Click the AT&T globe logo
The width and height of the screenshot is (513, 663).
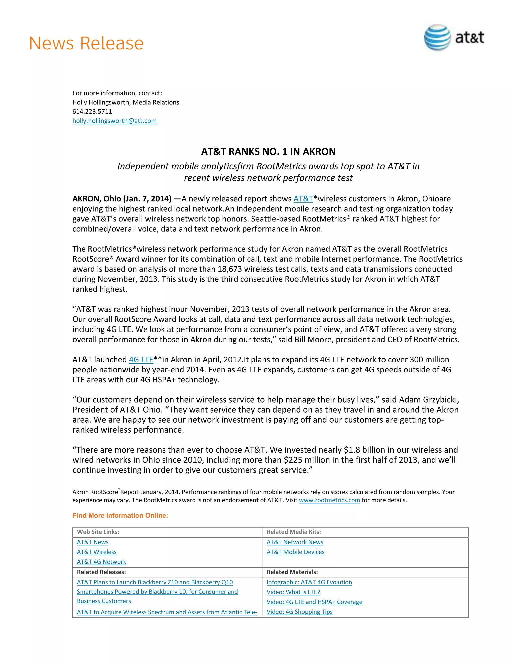[437, 37]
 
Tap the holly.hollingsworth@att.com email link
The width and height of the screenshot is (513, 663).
[114, 121]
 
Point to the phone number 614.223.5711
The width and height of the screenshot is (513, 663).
[92, 111]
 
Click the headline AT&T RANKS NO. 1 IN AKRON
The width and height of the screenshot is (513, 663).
[268, 151]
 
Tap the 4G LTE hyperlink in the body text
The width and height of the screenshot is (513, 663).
[141, 360]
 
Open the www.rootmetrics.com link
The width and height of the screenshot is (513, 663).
[329, 500]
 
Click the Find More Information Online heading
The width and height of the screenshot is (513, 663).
[120, 515]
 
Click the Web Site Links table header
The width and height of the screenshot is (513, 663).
[98, 532]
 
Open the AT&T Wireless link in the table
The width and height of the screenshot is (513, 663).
[97, 552]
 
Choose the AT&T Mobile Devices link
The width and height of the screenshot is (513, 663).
[295, 552]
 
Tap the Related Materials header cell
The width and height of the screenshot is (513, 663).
[292, 572]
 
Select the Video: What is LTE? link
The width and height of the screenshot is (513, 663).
[293, 592]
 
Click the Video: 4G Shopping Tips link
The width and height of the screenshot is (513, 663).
[299, 612]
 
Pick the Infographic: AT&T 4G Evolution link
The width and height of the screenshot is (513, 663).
[309, 582]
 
